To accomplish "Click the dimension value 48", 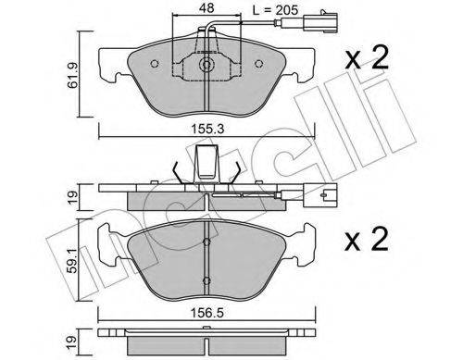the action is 206,8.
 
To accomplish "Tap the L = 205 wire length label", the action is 275,10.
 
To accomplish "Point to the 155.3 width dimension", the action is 207,129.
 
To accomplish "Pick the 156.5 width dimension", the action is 207,314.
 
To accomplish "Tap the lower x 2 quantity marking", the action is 367,240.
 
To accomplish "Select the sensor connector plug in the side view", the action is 320,195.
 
